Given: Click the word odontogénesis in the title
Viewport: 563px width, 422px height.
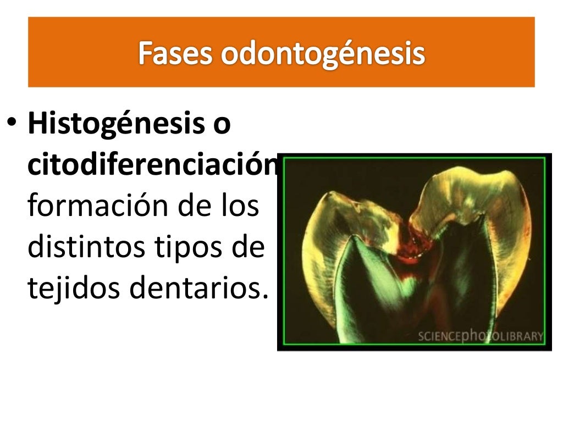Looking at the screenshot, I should (324, 54).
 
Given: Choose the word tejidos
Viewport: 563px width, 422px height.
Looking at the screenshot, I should (74, 288).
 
